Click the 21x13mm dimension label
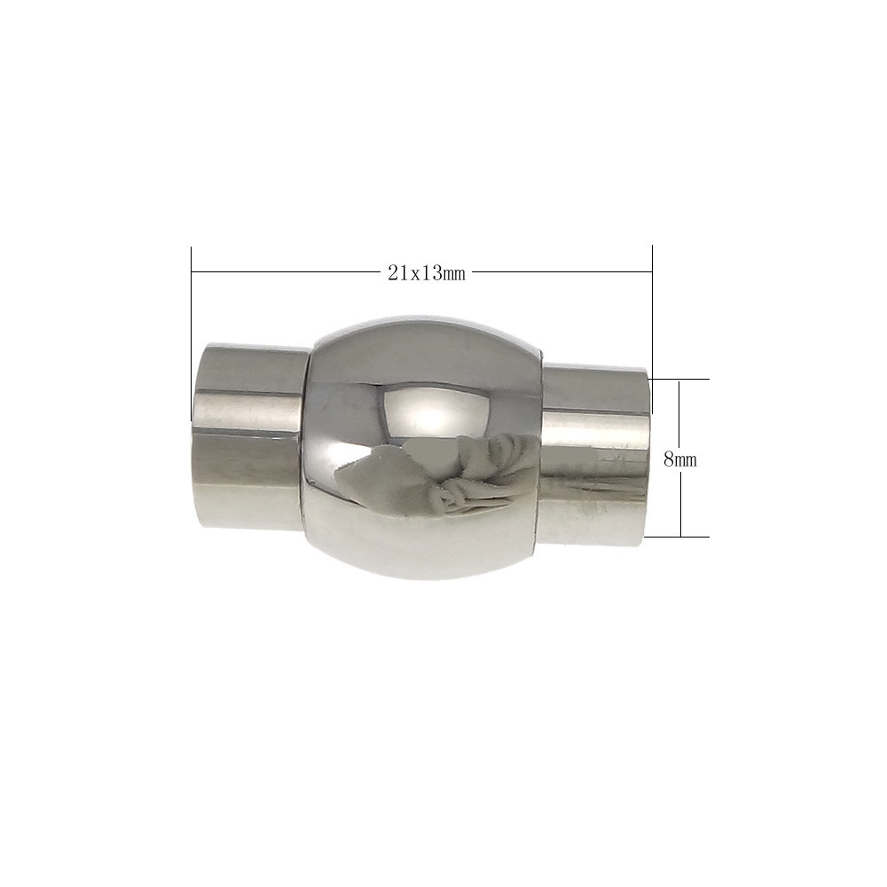(427, 274)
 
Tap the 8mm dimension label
(680, 459)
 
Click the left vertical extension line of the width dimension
(192, 334)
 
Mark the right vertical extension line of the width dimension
(652, 329)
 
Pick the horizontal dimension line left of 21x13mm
(287, 272)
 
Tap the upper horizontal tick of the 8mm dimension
(679, 380)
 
